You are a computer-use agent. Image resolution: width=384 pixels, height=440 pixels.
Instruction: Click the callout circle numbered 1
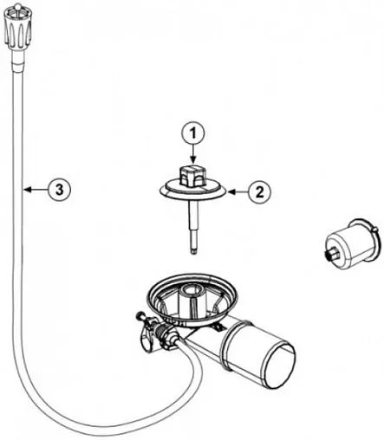click(193, 134)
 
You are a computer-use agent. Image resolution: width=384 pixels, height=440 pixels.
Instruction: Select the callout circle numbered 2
click(260, 191)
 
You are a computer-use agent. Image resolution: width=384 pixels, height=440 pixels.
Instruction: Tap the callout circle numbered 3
click(59, 190)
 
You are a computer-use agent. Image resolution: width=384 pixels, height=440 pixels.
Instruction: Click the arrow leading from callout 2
click(238, 191)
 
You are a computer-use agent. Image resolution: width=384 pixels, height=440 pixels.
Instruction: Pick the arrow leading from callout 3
click(36, 190)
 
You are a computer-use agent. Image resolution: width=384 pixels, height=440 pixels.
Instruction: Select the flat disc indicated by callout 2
click(193, 191)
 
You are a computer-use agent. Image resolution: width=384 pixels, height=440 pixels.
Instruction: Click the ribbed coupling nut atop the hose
click(18, 29)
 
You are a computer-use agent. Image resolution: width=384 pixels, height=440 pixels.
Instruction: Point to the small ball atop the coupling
click(17, 5)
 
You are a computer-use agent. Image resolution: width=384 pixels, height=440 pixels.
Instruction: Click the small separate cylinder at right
click(350, 245)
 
